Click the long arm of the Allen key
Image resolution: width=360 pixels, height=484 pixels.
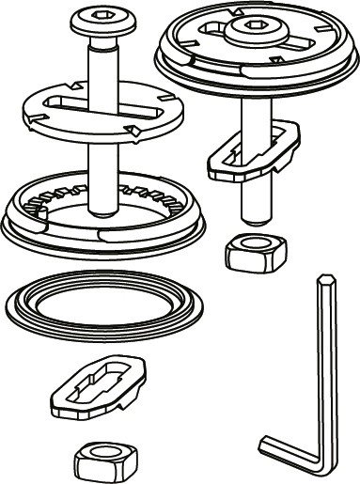(x=326, y=367)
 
